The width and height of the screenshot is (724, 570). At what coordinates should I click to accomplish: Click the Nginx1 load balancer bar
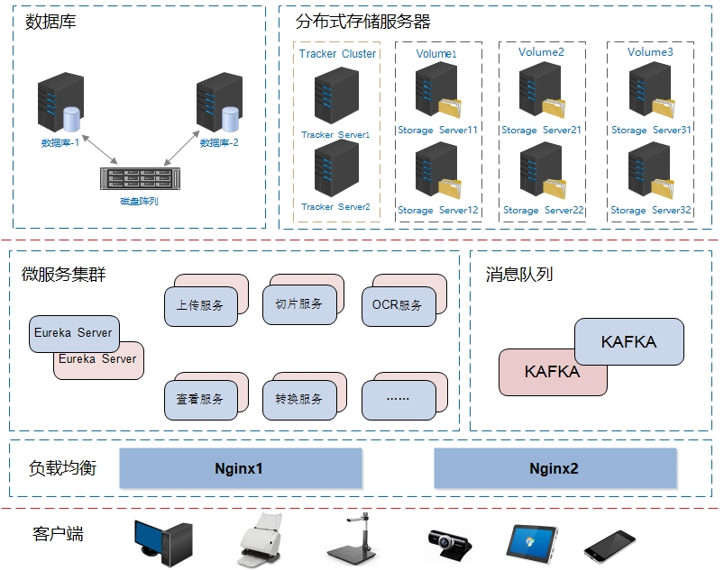[x=241, y=468]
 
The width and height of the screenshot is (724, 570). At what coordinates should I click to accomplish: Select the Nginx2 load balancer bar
[x=555, y=468]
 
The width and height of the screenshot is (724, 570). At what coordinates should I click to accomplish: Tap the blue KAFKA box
[x=629, y=342]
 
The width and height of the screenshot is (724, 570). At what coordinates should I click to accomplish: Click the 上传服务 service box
[x=200, y=305]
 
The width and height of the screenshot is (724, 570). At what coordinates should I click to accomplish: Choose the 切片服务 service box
[x=298, y=304]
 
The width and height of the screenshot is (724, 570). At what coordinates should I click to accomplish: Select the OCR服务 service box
[x=397, y=305]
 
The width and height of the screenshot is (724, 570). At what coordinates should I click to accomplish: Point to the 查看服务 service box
[x=200, y=399]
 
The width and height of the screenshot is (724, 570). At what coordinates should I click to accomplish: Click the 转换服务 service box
[x=298, y=399]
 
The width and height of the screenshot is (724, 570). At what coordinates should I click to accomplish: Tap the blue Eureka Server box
[x=73, y=333]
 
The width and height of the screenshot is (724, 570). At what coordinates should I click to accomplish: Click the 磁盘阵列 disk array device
[x=137, y=179]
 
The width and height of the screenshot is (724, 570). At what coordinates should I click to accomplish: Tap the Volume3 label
[x=650, y=52]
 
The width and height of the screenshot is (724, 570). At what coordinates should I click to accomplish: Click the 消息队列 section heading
[x=518, y=274]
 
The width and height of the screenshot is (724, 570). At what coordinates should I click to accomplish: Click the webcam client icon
[x=449, y=543]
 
